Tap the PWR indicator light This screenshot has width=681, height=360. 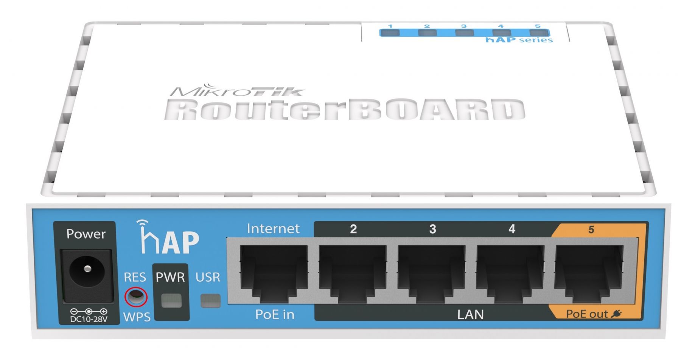(x=171, y=301)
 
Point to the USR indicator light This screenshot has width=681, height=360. (x=210, y=301)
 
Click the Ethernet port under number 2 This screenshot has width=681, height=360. (x=353, y=273)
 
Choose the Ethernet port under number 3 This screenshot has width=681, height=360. (x=432, y=273)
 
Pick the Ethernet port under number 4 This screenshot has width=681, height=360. (x=510, y=273)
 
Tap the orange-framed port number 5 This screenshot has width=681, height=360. (x=589, y=273)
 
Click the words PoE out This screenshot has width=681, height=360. (x=587, y=314)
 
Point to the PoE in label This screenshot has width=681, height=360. (x=275, y=314)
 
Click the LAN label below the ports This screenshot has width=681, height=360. (x=470, y=315)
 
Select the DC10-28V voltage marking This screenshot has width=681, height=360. (x=89, y=319)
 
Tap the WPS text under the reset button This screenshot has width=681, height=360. (x=137, y=317)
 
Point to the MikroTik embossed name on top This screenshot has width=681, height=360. (x=237, y=90)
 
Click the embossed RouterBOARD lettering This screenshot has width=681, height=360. (x=345, y=110)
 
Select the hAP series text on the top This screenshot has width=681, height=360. (x=519, y=40)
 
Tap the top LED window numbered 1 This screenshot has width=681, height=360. (x=390, y=33)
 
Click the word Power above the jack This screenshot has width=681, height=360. (x=86, y=234)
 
